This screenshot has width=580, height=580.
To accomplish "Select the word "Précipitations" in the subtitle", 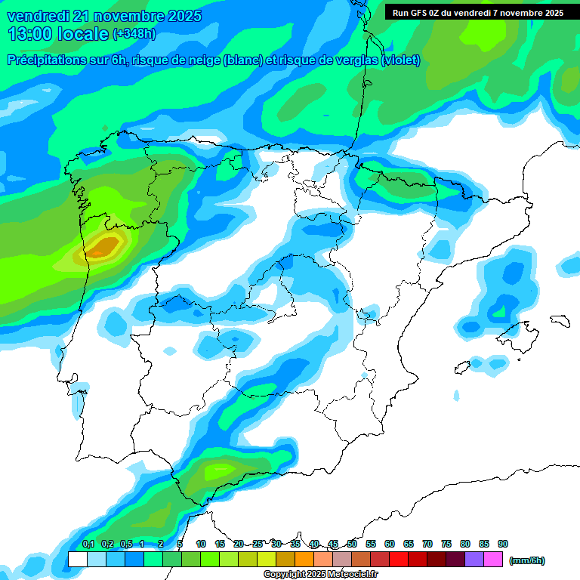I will point(52,60).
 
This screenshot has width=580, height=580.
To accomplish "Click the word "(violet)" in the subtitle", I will point(402,60).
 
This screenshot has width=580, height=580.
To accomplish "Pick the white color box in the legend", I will point(77,560).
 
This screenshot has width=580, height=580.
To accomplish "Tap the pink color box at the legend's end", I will point(493,560).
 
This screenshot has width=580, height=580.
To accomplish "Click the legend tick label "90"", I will point(503,544).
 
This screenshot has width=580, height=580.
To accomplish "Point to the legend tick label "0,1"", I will point(88,544).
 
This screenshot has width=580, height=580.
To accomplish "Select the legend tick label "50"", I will point(352,544).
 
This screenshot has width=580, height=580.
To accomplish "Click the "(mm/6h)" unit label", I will point(526,560).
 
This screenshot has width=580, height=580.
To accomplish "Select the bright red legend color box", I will point(399,560).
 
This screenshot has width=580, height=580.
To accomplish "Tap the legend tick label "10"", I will point(201,544).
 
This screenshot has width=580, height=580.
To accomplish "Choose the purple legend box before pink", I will point(474,560).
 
